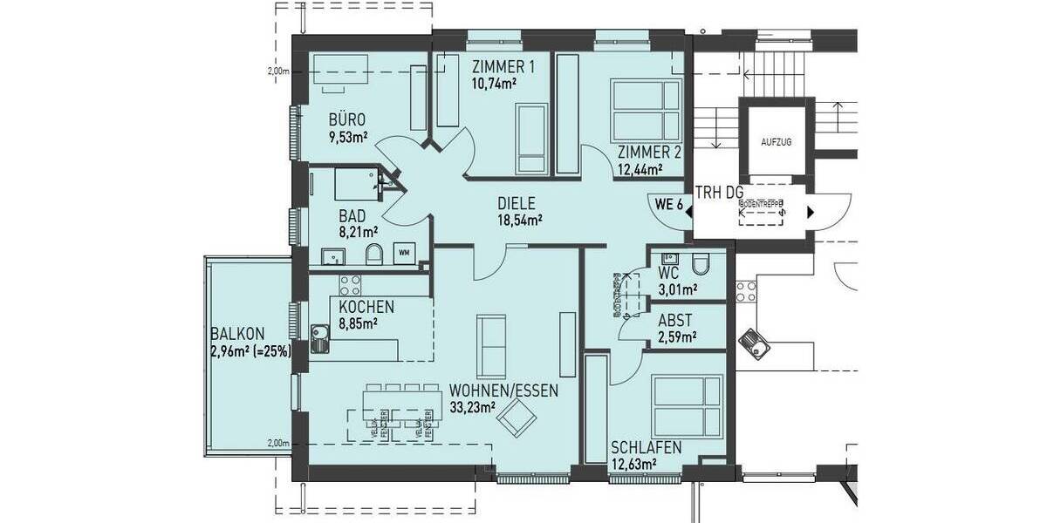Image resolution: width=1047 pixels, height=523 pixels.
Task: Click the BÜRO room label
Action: [x=346, y=119]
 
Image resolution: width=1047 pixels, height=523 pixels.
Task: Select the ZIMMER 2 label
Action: [x=649, y=153]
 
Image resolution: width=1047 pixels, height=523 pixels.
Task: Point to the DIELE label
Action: [x=516, y=204]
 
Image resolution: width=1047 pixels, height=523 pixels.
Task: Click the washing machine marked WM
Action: [x=404, y=253]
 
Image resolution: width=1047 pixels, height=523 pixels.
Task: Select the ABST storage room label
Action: [x=676, y=320]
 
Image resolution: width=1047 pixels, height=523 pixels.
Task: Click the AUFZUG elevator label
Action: [x=776, y=142]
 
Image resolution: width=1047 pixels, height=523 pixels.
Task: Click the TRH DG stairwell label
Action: [x=721, y=193]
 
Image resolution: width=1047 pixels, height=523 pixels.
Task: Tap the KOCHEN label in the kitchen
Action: [x=366, y=307]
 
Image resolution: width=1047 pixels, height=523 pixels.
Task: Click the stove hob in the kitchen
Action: [x=350, y=284]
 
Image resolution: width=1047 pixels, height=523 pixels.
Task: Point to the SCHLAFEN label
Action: [x=647, y=447]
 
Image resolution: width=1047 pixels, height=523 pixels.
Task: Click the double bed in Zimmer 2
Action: [x=646, y=111]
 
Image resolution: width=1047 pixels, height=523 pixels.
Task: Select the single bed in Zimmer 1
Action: [x=530, y=139]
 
